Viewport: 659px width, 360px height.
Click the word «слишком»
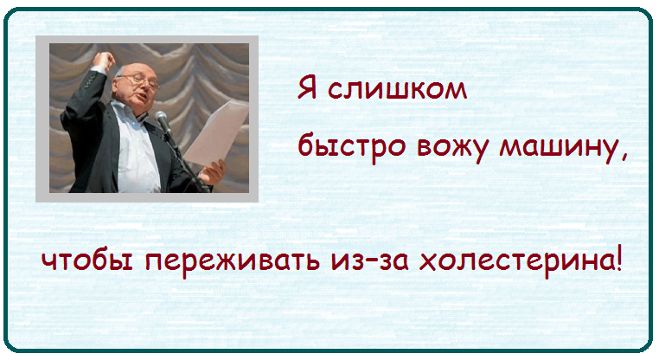point(397,89)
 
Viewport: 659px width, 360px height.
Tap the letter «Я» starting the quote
point(307,87)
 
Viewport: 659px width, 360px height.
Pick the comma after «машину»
point(623,157)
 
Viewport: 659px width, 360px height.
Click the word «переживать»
point(232,262)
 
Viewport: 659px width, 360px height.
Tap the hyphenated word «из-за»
point(370,261)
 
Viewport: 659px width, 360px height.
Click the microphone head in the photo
point(162,119)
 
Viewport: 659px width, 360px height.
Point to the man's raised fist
point(104,61)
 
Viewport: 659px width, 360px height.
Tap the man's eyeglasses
point(139,81)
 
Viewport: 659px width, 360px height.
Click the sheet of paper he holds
point(215,132)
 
